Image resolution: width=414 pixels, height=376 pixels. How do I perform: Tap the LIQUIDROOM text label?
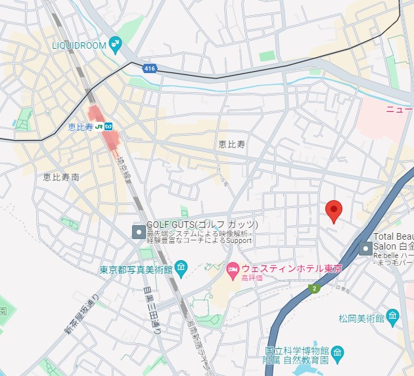pos(80,45)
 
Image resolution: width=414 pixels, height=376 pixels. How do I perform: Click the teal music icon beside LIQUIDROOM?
pos(116,44)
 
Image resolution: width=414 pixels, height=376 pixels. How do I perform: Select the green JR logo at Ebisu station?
pos(99,126)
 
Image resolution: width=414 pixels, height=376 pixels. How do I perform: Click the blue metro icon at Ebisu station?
pos(109,126)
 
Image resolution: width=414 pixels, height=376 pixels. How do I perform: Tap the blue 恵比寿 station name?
pos(80,126)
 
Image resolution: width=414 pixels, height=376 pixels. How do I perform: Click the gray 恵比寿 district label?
pos(231,143)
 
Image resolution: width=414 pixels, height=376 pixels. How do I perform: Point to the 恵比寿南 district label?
pos(61,177)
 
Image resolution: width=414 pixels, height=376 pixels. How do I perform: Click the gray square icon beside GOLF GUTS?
pos(139,232)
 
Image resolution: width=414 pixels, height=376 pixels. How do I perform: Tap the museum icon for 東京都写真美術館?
pos(182,269)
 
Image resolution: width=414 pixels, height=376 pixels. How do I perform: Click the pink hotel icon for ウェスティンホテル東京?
pos(232,269)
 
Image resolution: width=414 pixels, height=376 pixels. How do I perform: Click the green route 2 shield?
pos(315,288)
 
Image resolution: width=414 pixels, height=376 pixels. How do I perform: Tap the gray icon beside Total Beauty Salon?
pos(365,248)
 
